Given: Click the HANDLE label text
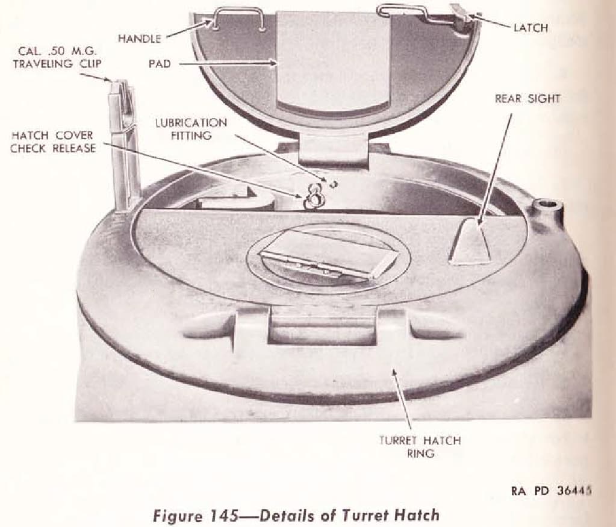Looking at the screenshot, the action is point(140,39).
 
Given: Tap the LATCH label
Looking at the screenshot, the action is point(530,28).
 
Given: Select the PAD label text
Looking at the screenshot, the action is point(160,64).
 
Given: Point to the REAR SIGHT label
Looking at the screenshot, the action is point(527,99).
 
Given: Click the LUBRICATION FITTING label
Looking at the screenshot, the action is point(191,129).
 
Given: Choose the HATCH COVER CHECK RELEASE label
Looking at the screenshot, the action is point(53,142).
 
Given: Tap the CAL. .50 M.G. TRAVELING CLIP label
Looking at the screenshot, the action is point(57,57).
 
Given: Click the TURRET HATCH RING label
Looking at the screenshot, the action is point(420,447).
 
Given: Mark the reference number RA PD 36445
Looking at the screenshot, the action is point(551,491).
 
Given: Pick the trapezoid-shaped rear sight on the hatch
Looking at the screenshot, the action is point(470,240).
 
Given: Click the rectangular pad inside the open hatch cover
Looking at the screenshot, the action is point(333,60).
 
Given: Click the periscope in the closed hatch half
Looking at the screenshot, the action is point(328,262).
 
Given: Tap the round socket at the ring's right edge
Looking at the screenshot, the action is point(549,204).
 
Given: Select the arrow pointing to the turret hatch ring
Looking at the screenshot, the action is point(402,399).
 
